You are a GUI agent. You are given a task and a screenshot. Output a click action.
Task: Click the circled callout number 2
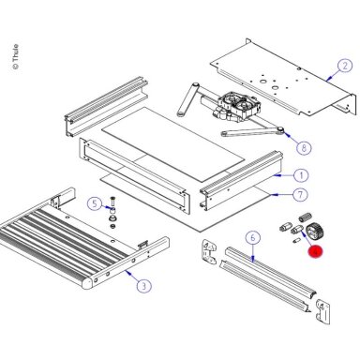345,66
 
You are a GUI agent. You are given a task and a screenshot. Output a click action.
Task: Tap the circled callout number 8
304,147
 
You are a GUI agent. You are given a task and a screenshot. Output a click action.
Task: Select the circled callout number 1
301,175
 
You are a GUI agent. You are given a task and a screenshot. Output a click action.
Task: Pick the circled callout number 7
300,195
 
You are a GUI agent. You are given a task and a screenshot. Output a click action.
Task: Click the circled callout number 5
95,204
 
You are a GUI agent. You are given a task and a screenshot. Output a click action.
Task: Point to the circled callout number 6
253,238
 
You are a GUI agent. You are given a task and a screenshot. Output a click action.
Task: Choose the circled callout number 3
143,286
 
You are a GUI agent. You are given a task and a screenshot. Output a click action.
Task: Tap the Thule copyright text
15,56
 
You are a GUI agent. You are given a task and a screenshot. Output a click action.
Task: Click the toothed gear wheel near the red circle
315,232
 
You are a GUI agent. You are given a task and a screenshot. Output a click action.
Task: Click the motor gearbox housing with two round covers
239,106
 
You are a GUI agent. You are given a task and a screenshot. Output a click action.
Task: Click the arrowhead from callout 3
127,273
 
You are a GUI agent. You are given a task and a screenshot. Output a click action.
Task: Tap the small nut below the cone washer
112,226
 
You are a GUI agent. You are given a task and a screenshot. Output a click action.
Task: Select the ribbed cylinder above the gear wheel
306,217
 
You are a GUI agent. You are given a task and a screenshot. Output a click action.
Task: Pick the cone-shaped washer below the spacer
112,217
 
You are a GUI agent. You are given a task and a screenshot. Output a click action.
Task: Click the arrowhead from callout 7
272,195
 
